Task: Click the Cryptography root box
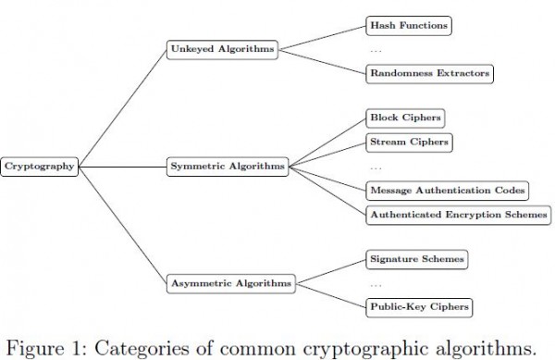pos(39,167)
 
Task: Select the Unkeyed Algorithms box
pos(222,50)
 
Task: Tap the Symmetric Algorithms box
pos(228,167)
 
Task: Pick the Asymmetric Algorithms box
pos(230,283)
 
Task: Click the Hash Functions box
pos(409,26)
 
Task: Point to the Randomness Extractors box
pos(430,74)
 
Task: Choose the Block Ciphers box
pos(405,118)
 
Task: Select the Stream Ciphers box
pos(409,143)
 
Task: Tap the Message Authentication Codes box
pos(448,191)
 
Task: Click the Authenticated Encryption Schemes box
pos(459,215)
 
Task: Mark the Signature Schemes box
pos(417,259)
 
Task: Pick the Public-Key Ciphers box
pos(419,307)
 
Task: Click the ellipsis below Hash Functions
pos(376,51)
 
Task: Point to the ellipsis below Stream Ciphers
pos(376,168)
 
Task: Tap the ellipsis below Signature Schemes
pos(376,285)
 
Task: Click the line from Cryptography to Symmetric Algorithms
pos(122,167)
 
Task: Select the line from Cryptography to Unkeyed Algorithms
pos(122,108)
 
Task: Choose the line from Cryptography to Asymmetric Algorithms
pos(122,225)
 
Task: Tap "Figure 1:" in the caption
pos(47,349)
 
